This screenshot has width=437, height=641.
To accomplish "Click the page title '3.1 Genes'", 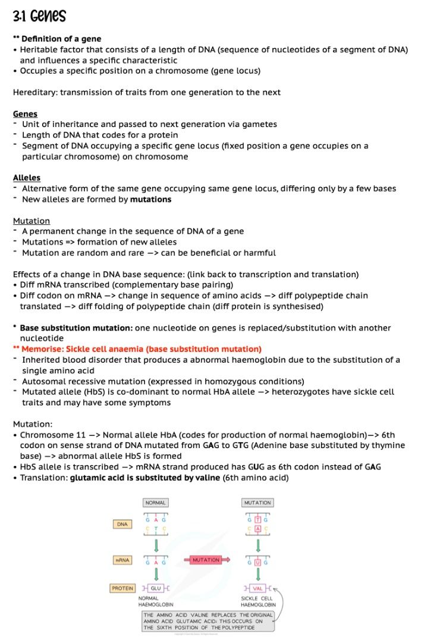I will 39,16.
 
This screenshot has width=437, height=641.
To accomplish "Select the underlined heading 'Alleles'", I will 27,177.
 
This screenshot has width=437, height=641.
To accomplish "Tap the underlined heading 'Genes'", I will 25,113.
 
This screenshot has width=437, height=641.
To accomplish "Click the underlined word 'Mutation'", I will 32,221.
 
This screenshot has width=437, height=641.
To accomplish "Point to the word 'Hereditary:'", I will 34,92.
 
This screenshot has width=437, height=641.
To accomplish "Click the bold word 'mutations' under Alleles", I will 151,199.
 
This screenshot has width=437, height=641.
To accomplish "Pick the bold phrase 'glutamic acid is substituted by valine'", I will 145,477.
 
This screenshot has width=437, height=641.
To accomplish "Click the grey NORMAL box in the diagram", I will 155,503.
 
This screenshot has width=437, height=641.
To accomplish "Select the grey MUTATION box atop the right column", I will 257,503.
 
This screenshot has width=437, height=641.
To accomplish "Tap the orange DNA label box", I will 122,524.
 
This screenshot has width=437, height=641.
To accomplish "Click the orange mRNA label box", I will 122,560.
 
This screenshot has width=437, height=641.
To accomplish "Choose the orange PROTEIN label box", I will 122,588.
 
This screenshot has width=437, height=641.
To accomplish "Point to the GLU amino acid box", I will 156,588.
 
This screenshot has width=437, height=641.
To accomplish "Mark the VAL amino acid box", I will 258,588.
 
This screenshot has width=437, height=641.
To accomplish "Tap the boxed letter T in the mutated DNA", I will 258,520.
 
